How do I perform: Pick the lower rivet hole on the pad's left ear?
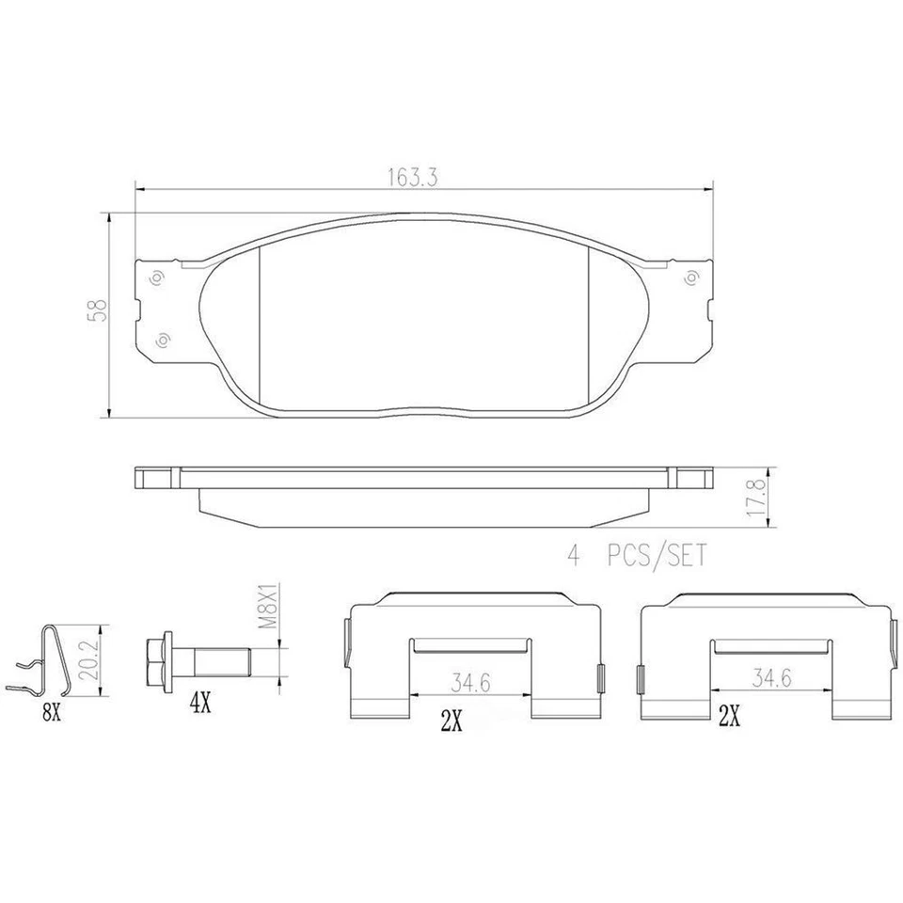tap(163, 340)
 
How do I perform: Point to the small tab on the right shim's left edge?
tap(641, 675)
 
